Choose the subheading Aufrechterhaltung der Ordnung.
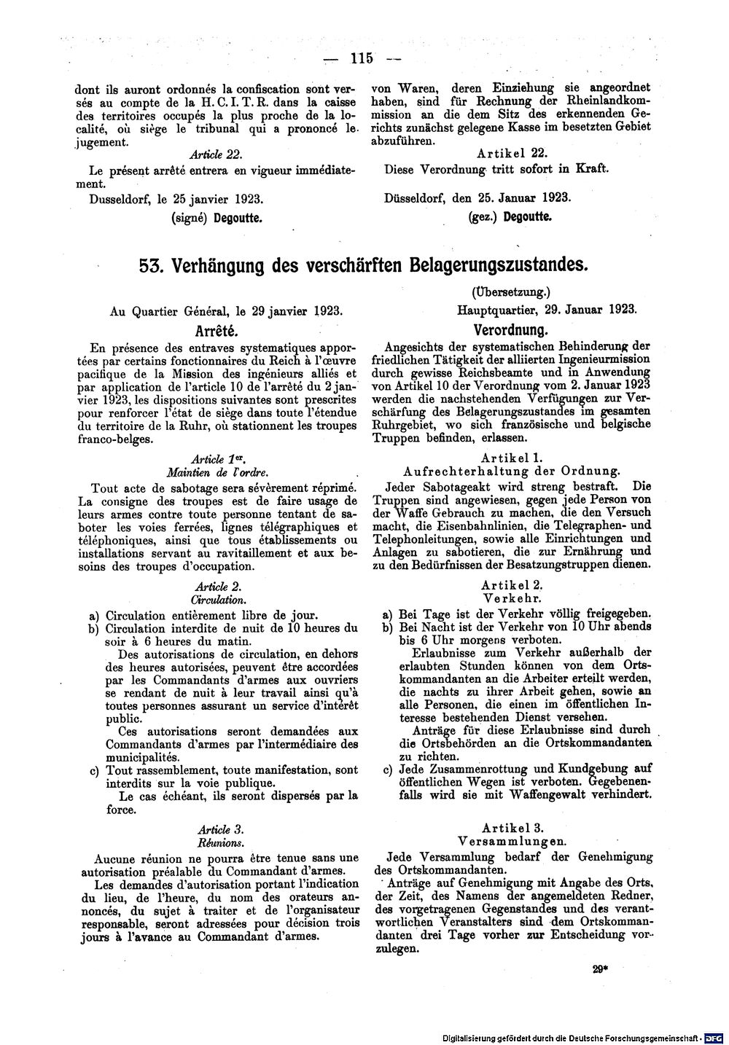pos(512,471)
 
